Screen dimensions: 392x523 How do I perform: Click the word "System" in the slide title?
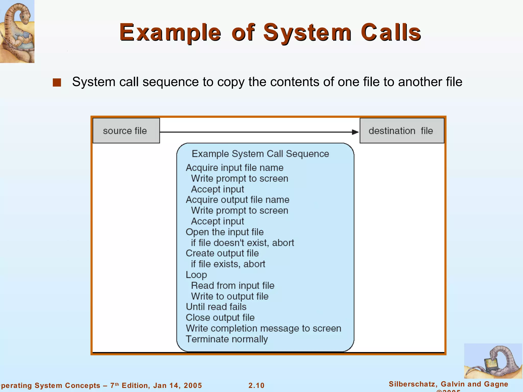(307, 32)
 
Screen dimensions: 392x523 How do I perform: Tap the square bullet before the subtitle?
(57, 82)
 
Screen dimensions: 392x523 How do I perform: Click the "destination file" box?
(401, 131)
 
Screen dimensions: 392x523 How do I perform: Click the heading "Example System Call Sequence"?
(260, 154)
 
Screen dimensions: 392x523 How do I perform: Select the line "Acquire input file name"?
(234, 168)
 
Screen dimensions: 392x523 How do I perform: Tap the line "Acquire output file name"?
(237, 200)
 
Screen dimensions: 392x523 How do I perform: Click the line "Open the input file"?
(224, 232)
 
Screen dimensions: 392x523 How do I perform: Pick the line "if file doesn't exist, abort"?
(242, 243)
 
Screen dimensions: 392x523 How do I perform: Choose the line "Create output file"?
(222, 253)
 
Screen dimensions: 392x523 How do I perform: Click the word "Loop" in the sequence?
(196, 275)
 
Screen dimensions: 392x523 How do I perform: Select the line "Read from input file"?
(233, 285)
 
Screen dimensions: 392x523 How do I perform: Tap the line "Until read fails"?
(216, 307)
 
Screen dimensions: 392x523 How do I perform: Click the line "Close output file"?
(220, 317)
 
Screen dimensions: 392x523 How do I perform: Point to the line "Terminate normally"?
(227, 339)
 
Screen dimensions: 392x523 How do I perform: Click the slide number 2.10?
(256, 385)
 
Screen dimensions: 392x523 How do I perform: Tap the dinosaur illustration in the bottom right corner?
(493, 361)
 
